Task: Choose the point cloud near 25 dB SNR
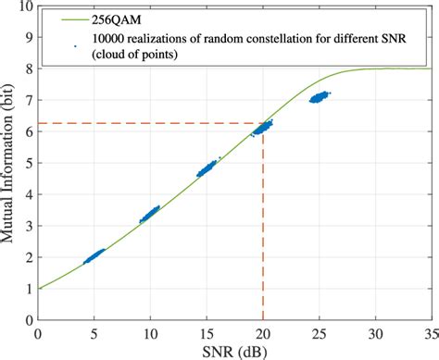[x=320, y=96]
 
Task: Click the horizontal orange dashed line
[x=148, y=123]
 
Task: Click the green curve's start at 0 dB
[x=38, y=289]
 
